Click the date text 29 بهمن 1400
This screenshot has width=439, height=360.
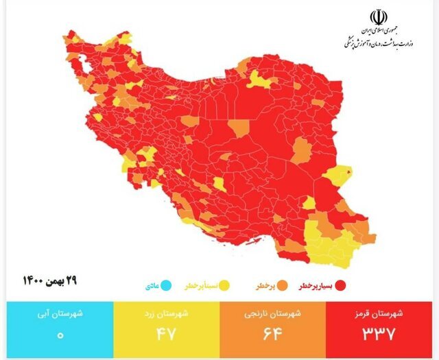(52, 281)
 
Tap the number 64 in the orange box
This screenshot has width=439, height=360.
(274, 335)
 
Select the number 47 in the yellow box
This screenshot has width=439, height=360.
(165, 335)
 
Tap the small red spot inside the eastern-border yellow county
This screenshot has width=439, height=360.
(349, 171)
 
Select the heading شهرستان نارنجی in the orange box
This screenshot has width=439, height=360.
(274, 314)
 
